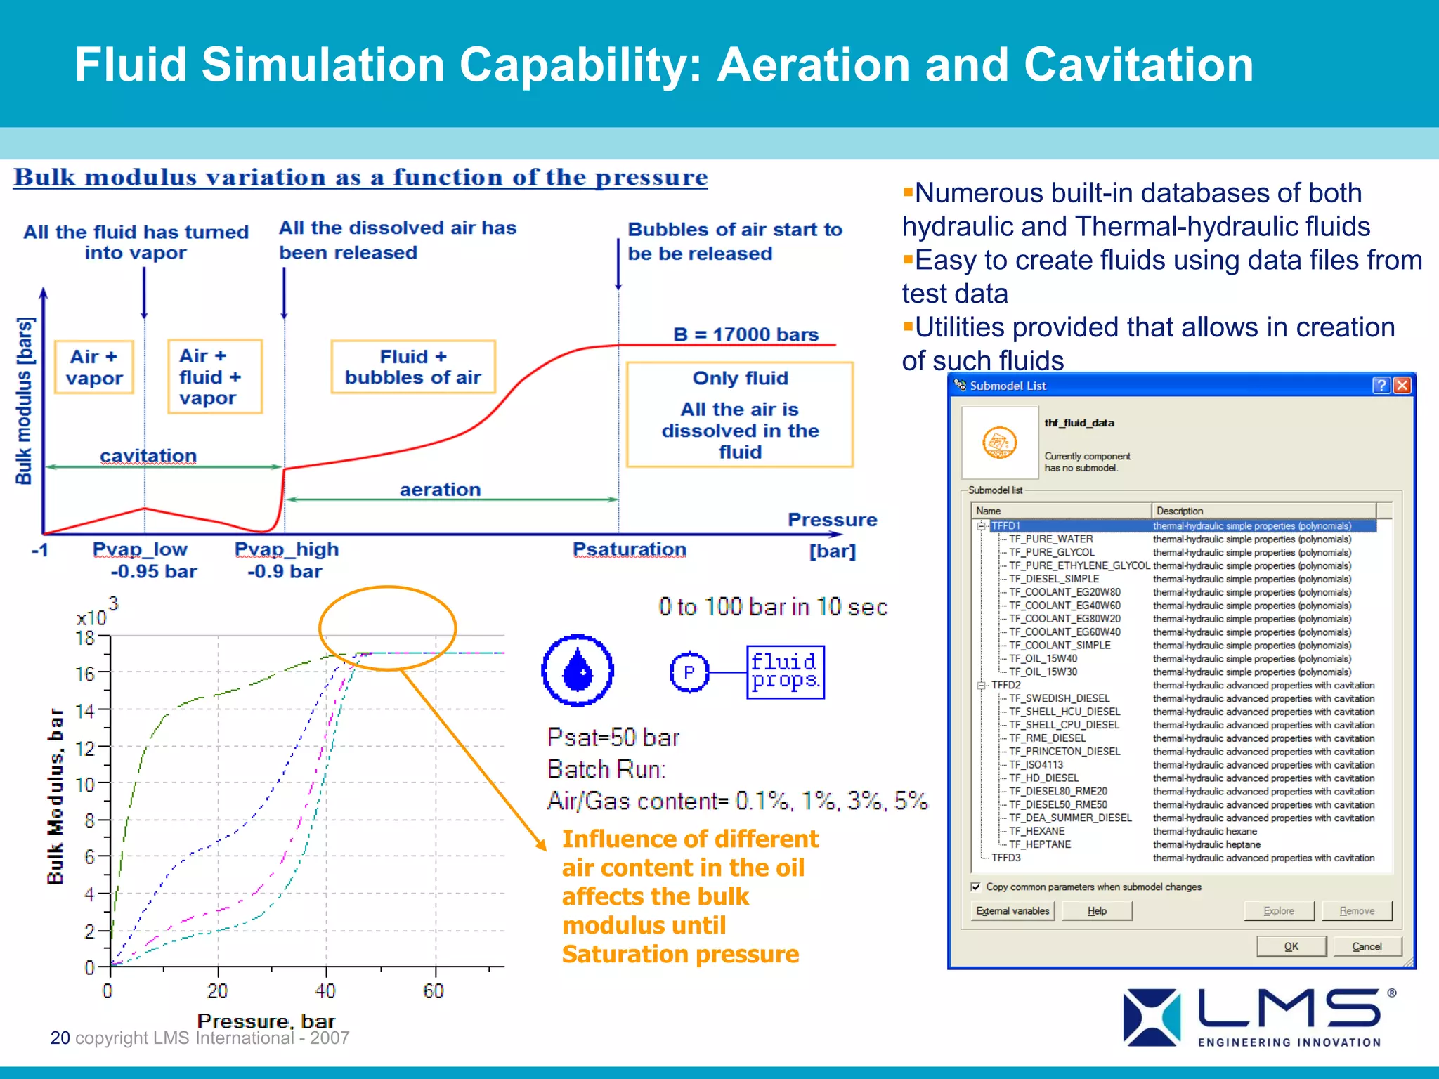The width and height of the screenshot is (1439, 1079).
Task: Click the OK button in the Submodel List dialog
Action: point(1291,946)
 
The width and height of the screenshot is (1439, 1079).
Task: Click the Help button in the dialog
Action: point(1097,910)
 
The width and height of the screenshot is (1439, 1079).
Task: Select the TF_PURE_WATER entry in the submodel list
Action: point(1050,539)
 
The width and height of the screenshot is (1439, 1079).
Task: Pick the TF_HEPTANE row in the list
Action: point(1040,844)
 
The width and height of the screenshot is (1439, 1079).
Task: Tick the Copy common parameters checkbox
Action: point(975,887)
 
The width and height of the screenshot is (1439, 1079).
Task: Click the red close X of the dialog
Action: point(1402,385)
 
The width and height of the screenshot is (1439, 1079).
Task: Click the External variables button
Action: point(1012,910)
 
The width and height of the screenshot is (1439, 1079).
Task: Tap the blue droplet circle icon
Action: point(578,670)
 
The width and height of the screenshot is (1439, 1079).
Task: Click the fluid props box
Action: point(785,672)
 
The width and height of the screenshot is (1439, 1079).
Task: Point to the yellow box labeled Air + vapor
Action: point(94,367)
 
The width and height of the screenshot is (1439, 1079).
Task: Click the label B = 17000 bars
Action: point(745,334)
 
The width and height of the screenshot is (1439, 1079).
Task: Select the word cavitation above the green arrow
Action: point(148,455)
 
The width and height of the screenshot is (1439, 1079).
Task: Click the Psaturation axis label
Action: point(629,549)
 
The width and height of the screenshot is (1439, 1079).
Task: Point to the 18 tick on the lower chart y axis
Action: point(85,638)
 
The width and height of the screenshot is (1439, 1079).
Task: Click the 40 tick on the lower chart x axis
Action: point(325,990)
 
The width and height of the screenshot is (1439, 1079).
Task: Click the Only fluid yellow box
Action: point(740,414)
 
